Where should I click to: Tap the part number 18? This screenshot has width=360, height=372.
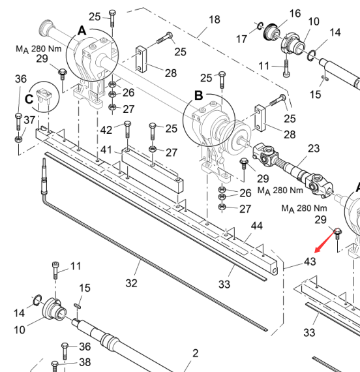[x=215, y=20]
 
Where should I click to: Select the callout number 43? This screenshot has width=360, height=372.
[x=310, y=262]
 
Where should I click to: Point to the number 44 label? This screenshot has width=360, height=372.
[x=257, y=226]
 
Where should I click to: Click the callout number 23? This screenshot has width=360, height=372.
[x=314, y=149]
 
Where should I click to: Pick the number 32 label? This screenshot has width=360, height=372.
[x=131, y=283]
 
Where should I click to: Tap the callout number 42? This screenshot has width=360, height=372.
[x=106, y=130]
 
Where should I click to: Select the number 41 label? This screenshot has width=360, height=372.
[x=106, y=150]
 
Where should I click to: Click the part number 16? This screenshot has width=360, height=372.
[x=295, y=14]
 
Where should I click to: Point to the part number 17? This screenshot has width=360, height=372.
[x=242, y=39]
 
